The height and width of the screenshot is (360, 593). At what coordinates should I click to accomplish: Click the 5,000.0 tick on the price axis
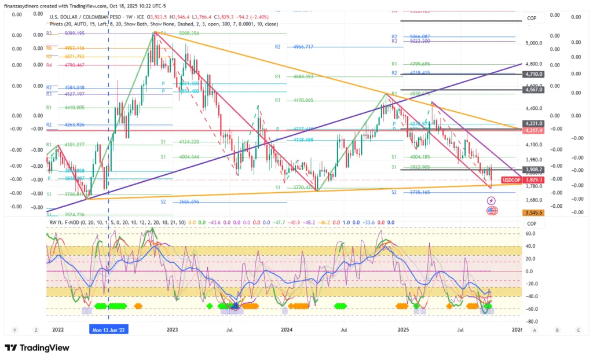coord(533,43)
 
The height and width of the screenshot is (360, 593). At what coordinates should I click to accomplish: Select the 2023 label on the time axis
coord(171,329)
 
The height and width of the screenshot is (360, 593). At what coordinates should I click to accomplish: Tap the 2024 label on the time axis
coord(285,329)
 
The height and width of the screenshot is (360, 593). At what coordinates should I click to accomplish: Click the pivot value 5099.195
coord(71,34)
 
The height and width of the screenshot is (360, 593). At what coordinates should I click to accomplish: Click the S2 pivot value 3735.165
coord(415,192)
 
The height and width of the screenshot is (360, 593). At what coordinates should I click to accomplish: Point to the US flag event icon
coord(492,211)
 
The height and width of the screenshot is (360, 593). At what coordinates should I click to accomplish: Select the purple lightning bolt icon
coord(492,200)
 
